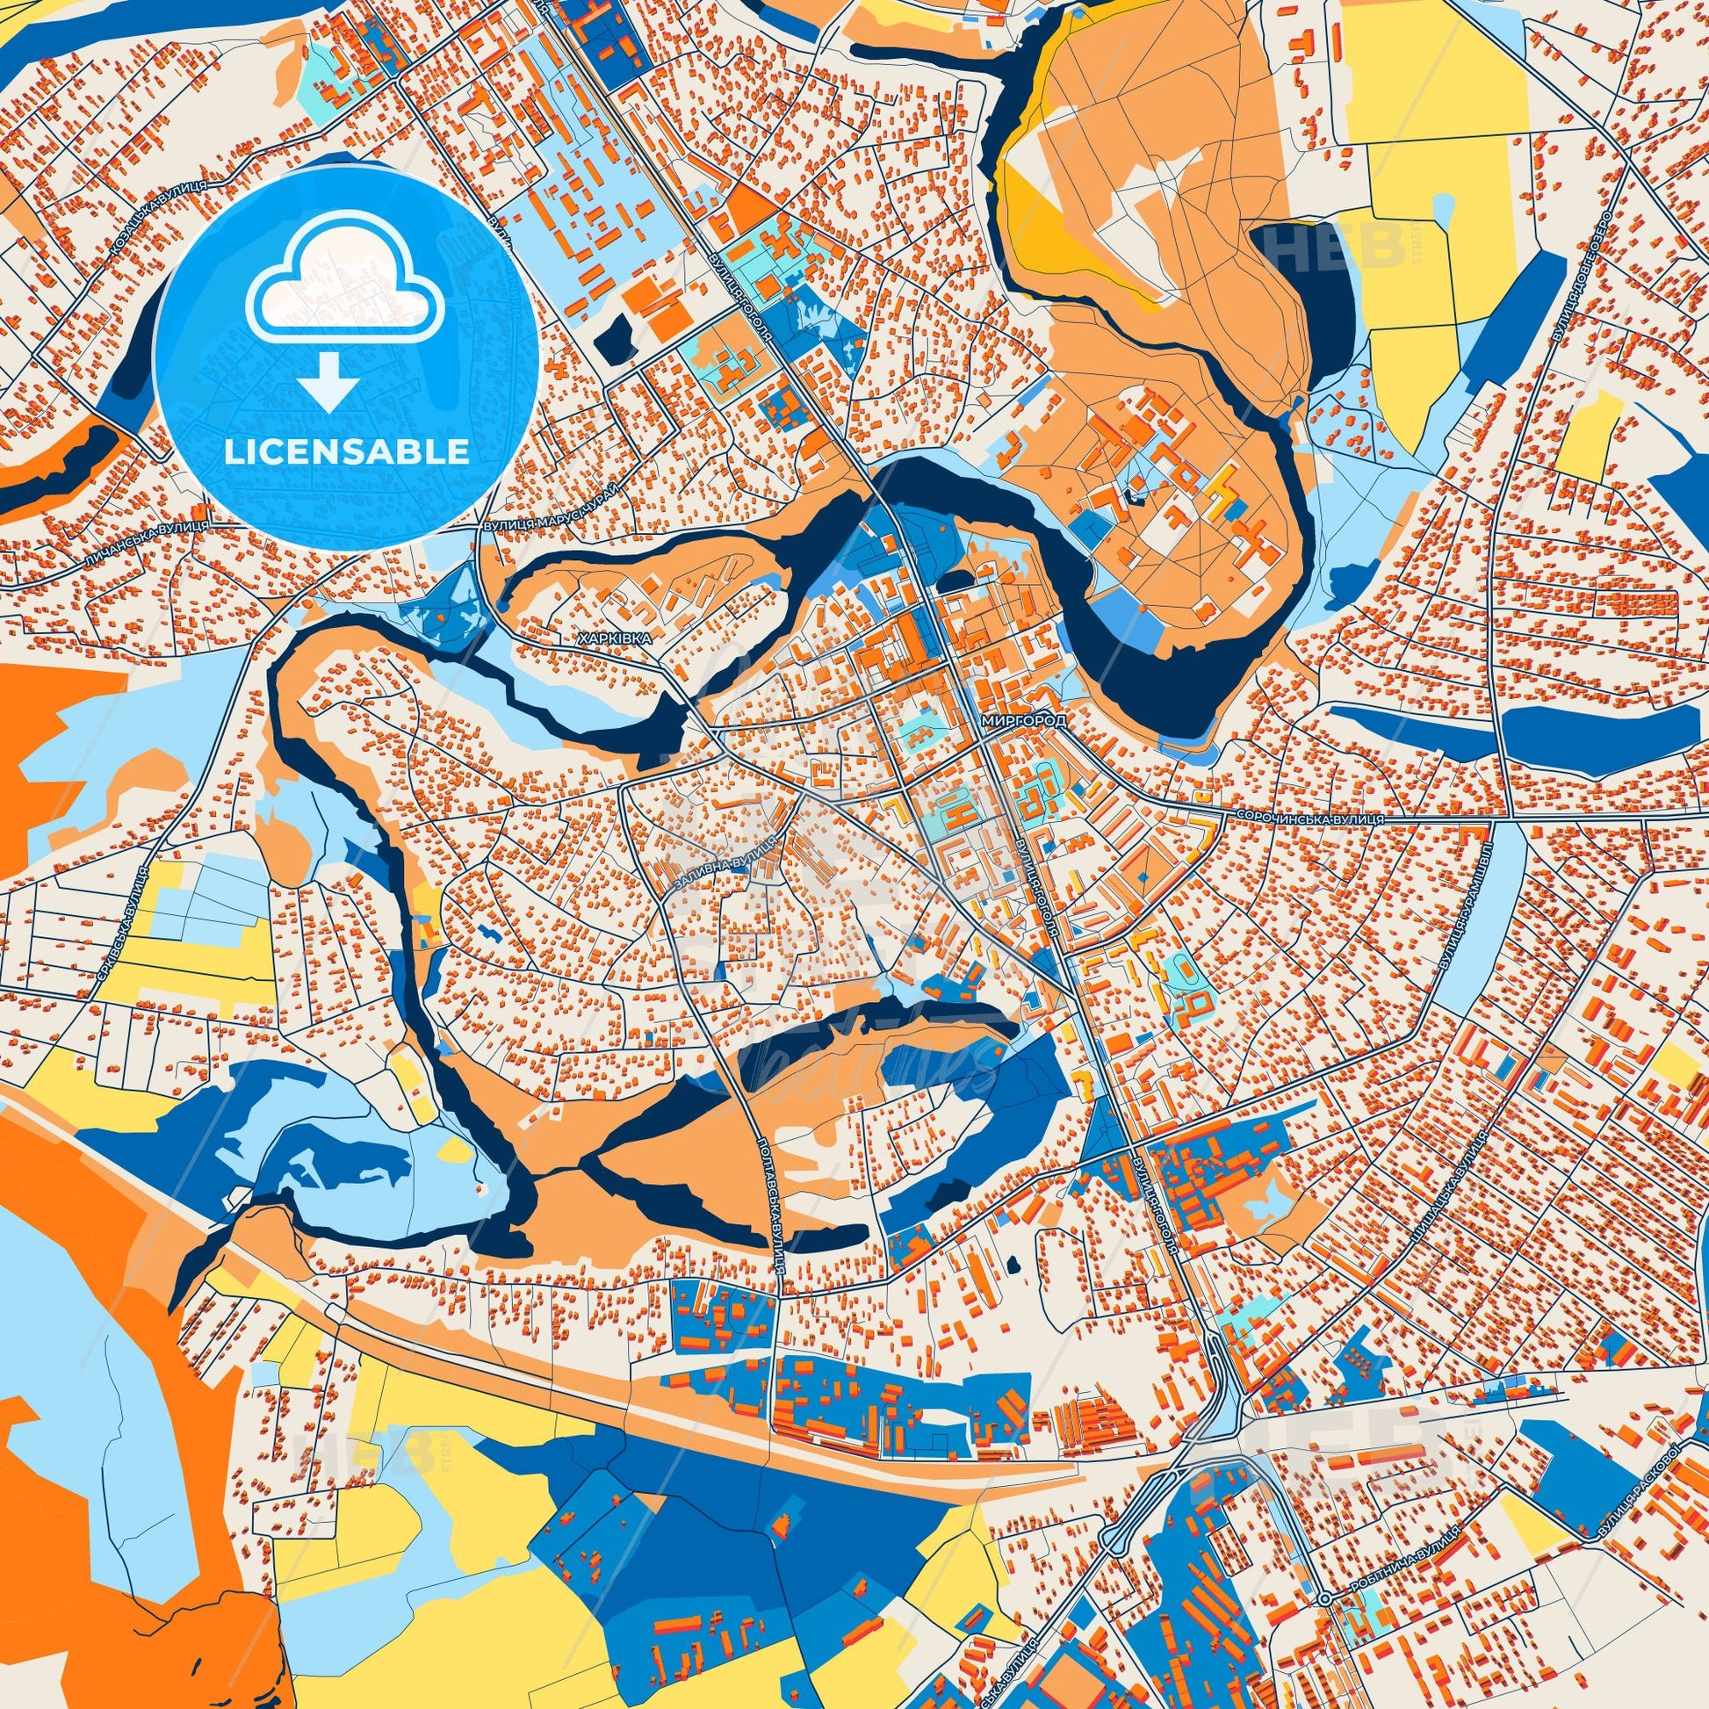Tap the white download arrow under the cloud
328,383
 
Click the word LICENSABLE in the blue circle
346,451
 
